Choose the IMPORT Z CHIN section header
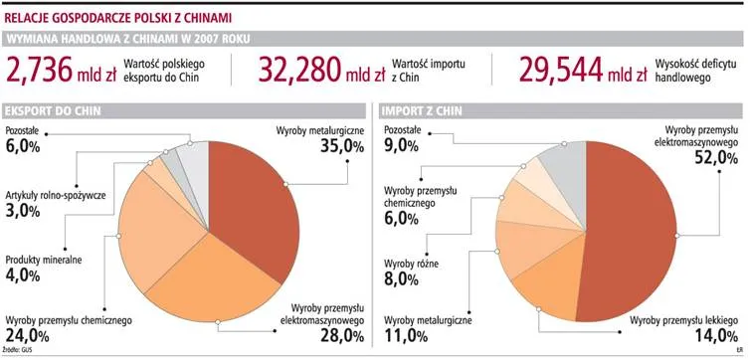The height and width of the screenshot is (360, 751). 418,110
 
